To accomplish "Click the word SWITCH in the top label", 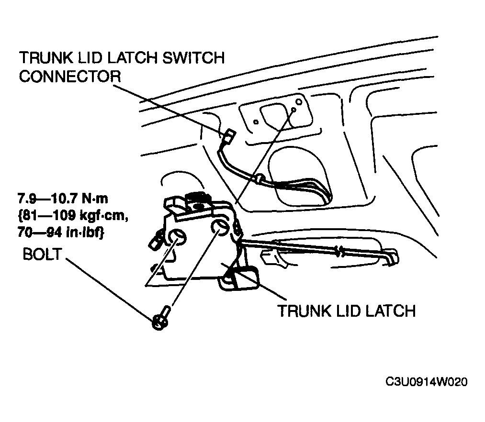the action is [193, 58].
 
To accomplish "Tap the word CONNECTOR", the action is [70, 77].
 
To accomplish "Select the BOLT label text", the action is [43, 254].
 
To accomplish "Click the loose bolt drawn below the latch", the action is [161, 319].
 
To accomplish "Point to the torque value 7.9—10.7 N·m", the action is [63, 199].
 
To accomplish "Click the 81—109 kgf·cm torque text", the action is [73, 215].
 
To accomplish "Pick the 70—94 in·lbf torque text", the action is [61, 233].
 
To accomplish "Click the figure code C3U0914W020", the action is [427, 382].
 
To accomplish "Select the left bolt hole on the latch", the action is [177, 237].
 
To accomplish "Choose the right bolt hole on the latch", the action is [220, 228].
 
